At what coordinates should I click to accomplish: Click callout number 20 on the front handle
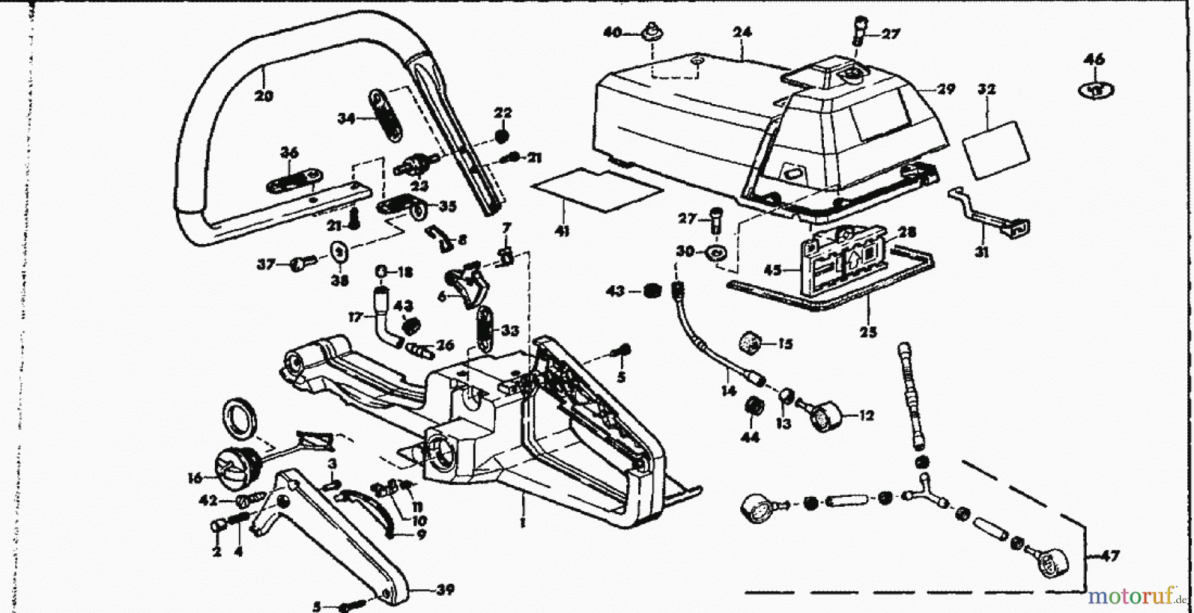coord(263,96)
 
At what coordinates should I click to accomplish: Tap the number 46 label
coord(1094,60)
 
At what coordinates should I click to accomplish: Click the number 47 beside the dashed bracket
coord(1110,556)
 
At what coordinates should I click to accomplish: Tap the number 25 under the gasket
coord(868,332)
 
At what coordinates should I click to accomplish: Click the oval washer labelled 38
coord(340,253)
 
